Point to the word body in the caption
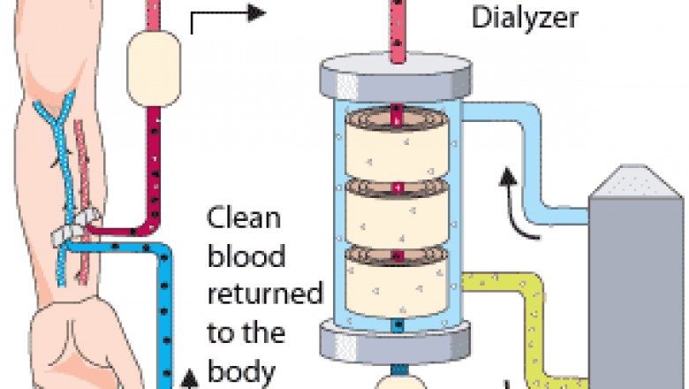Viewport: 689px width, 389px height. (x=240, y=369)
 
